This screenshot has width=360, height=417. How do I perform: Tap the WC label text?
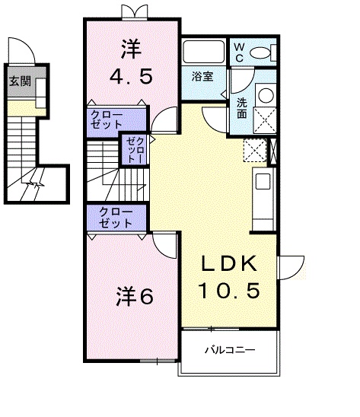pos(237,51)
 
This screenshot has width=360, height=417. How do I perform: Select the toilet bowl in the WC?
pos(263,52)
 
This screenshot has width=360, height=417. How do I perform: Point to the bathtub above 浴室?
pos(202,52)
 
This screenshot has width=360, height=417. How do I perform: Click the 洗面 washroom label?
pos(241,108)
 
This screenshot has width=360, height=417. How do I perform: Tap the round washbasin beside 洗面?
pos(266,94)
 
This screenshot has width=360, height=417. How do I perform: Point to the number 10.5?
pos(231,289)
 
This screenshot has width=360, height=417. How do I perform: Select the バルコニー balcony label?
pos(228,351)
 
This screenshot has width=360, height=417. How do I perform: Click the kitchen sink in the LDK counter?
pos(262,181)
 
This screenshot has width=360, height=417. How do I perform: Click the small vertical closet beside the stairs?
pos(135,149)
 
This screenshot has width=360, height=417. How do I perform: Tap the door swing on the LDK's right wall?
pos(289,266)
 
